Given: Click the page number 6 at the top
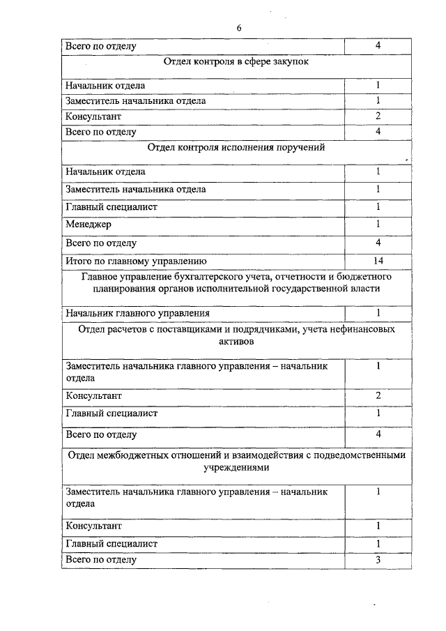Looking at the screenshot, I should tap(238, 28).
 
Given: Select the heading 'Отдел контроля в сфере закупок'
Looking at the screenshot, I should tap(237, 61).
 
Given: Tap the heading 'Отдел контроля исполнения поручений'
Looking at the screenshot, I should tap(237, 147).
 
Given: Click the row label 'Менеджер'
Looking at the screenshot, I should tap(89, 225).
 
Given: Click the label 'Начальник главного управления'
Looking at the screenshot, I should tap(137, 313).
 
